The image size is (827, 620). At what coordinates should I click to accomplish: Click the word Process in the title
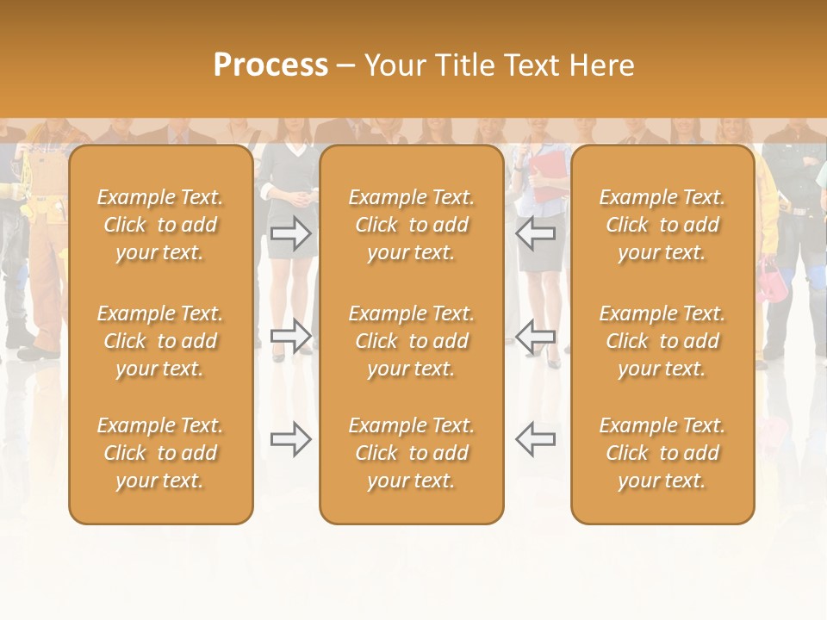point(270,65)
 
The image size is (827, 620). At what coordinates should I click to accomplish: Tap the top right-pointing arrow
point(291,233)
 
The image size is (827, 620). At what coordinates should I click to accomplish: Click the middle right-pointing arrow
point(291,336)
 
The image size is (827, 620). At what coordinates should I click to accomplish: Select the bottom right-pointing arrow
point(291,439)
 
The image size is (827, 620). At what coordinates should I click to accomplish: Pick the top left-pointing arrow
point(535,233)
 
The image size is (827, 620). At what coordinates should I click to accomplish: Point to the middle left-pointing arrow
point(535,336)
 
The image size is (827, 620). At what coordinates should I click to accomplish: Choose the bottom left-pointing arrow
point(535,439)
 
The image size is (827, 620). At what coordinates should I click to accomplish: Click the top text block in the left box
point(160,225)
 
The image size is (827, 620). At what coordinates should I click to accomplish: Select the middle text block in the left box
point(160,341)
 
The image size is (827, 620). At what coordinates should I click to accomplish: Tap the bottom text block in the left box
point(160,453)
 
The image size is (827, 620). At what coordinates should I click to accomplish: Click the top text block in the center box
point(411,225)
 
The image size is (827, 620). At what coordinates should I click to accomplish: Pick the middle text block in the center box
point(411,341)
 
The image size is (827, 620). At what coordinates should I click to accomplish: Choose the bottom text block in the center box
point(411,453)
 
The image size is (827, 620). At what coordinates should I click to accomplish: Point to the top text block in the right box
point(662,225)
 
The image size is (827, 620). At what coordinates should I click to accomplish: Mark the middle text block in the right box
point(662,341)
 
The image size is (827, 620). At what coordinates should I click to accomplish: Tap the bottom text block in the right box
point(662,453)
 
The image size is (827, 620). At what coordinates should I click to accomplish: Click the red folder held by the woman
point(547,177)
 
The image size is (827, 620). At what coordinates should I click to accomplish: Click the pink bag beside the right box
point(770,279)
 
